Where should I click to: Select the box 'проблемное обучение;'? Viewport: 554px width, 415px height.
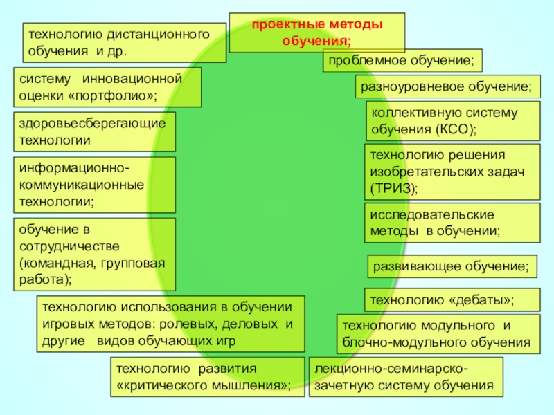click(x=402, y=62)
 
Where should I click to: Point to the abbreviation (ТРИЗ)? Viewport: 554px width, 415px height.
click(x=393, y=187)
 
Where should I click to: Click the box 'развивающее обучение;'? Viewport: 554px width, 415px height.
click(x=452, y=266)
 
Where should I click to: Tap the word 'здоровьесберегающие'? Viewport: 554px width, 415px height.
click(x=93, y=123)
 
